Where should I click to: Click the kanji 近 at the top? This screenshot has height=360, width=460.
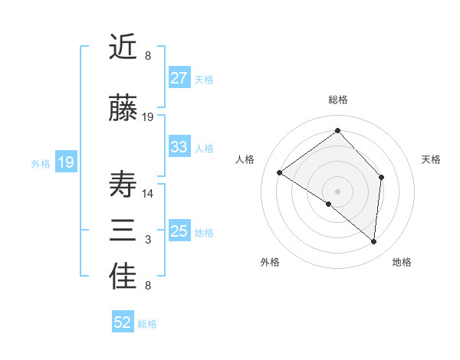point(124,47)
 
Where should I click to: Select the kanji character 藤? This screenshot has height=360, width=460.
point(124,109)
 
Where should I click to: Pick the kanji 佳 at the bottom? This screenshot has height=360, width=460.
point(124,278)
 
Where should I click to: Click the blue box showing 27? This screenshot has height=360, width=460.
point(179,78)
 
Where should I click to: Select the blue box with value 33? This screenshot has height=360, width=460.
point(179,147)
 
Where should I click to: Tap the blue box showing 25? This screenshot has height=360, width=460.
point(179,231)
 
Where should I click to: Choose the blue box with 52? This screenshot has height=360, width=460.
point(123,322)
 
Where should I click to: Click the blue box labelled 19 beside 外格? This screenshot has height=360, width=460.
point(65,162)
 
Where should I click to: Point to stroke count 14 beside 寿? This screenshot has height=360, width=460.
point(148,193)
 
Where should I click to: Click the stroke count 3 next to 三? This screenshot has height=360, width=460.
point(148,240)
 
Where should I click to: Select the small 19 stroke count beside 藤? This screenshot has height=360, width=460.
point(148,117)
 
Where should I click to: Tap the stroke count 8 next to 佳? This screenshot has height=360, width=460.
point(148,286)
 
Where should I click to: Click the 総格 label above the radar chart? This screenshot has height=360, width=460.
point(337,100)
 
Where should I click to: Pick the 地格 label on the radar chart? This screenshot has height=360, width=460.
point(402,262)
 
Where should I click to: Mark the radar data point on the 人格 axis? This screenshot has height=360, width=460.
point(280,172)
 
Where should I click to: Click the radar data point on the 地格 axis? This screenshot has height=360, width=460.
point(374,242)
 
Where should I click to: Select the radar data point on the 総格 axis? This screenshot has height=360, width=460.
point(337,130)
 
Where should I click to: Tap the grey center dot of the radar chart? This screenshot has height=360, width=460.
point(337,191)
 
